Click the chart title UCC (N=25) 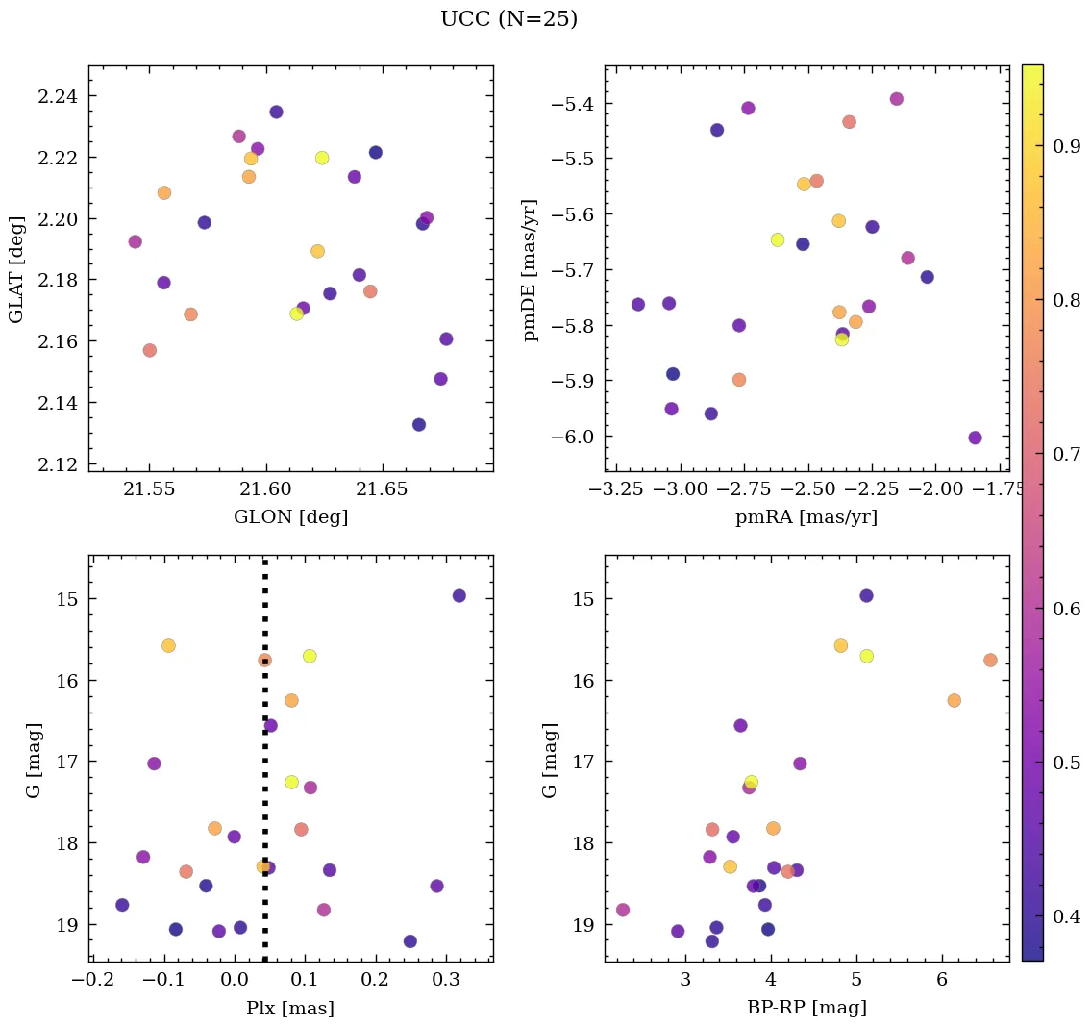pyautogui.click(x=508, y=19)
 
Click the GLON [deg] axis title pyautogui.click(x=290, y=517)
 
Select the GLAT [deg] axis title pyautogui.click(x=16, y=268)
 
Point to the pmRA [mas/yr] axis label pyautogui.click(x=806, y=517)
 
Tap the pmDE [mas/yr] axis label pyautogui.click(x=530, y=269)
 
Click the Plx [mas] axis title pyautogui.click(x=290, y=1008)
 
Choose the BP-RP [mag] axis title pyautogui.click(x=806, y=1008)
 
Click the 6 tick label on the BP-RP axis pyautogui.click(x=941, y=980)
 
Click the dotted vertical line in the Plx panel pyautogui.click(x=264, y=769)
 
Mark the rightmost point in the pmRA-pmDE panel pyautogui.click(x=975, y=438)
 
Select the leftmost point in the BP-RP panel pyautogui.click(x=623, y=910)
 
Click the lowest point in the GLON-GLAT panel pyautogui.click(x=419, y=425)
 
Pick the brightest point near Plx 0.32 pyautogui.click(x=459, y=595)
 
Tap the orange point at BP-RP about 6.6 pyautogui.click(x=990, y=660)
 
